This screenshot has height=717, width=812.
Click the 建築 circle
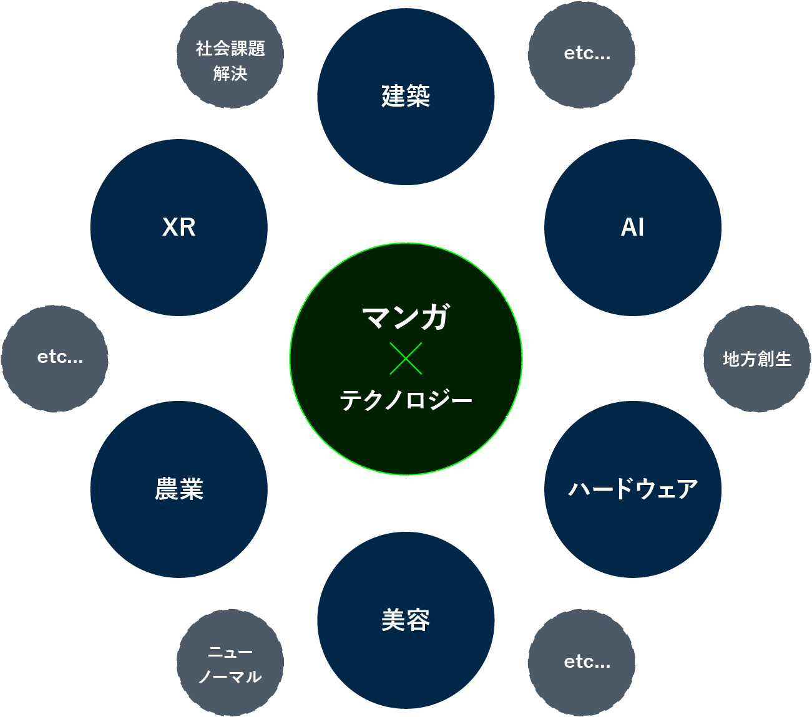(x=406, y=97)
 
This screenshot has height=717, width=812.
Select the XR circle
(x=179, y=227)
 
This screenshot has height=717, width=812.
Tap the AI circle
(x=632, y=227)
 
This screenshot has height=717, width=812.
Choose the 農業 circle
(x=179, y=489)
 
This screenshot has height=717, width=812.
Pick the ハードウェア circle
(x=632, y=489)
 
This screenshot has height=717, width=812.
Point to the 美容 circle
(x=406, y=620)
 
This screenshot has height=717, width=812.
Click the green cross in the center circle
(x=406, y=358)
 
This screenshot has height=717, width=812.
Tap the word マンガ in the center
(x=406, y=317)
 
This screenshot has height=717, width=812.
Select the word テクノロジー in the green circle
(x=406, y=400)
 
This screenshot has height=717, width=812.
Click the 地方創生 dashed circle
(x=757, y=358)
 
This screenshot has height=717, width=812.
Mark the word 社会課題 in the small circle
(x=230, y=48)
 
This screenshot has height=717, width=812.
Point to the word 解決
(x=230, y=74)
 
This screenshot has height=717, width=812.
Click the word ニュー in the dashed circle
(x=230, y=652)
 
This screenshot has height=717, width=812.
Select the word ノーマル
(x=230, y=677)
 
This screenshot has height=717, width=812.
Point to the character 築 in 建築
(x=418, y=97)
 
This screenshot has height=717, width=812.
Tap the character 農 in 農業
(x=167, y=489)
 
